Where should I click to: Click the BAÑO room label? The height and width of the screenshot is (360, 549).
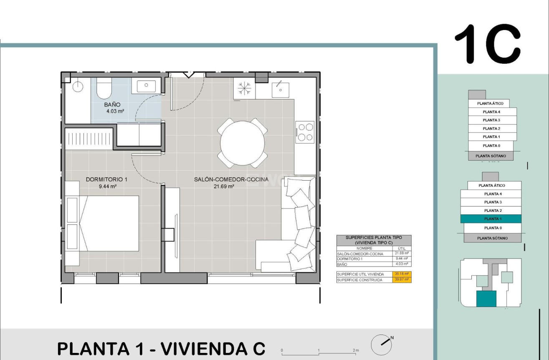[x=112, y=105]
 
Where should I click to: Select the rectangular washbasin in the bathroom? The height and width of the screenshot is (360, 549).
[x=146, y=86]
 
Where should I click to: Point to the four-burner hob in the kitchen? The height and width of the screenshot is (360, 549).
[x=305, y=132]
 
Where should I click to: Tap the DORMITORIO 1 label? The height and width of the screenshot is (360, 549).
[x=106, y=179]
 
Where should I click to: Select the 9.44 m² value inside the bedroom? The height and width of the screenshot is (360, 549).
[x=107, y=186]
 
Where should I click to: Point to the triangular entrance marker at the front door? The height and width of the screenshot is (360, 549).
[x=188, y=75]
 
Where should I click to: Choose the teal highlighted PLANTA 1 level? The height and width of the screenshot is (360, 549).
[x=491, y=219]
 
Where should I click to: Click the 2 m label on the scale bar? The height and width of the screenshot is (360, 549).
[x=356, y=350]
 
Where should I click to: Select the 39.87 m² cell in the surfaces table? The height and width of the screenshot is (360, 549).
[x=402, y=280]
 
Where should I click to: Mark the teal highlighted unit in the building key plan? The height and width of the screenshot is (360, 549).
[x=486, y=299]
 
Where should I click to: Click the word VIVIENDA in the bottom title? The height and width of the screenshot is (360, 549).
[x=206, y=348]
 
